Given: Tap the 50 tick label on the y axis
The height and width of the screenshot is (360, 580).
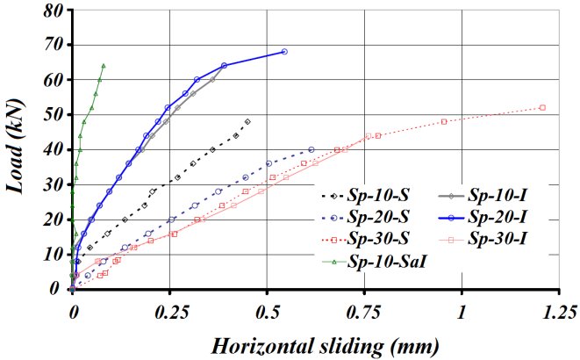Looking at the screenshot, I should point(55,115).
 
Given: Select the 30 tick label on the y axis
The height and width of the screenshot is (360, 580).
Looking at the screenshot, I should point(55,184).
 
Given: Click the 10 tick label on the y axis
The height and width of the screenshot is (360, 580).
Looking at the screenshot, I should point(55,254).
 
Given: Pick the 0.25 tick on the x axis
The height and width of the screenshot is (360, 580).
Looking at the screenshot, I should point(168,310).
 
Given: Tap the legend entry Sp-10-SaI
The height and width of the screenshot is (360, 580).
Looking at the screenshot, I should point(390,261).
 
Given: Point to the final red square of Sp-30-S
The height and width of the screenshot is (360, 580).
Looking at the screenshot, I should point(542,107).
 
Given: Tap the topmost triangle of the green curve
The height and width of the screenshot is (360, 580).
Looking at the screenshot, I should point(104,65).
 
